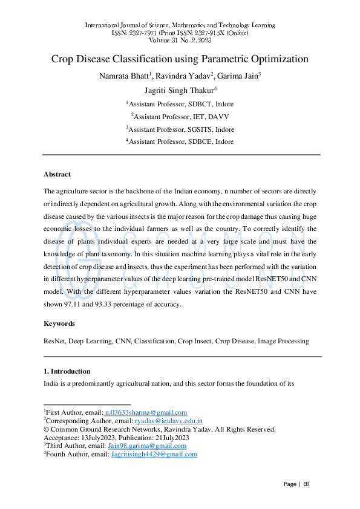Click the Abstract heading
(x=57, y=174)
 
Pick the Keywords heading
(x=59, y=324)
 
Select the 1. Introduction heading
(x=67, y=371)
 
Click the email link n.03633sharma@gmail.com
(x=146, y=412)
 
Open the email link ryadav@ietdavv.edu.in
(x=168, y=421)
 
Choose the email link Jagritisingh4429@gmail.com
(x=154, y=455)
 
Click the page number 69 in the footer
(x=306, y=484)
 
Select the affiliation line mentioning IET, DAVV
(x=180, y=115)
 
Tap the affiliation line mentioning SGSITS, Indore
(x=180, y=129)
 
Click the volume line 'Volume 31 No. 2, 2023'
(x=180, y=41)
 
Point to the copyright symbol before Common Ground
(x=46, y=430)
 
